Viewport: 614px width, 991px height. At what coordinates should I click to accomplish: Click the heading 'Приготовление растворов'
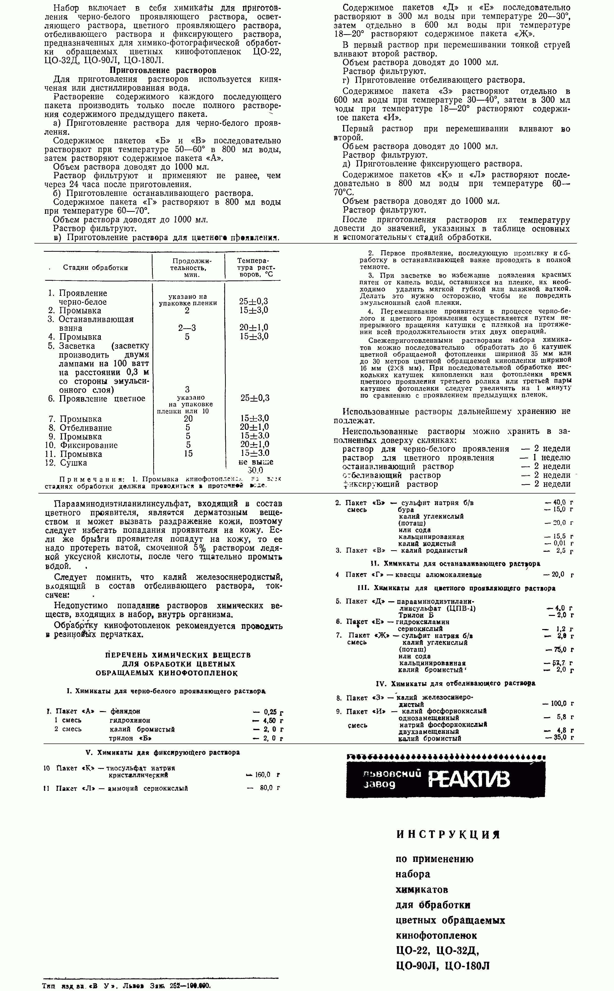click(x=163, y=70)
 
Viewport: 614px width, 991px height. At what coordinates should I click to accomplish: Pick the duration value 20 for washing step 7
click(x=188, y=418)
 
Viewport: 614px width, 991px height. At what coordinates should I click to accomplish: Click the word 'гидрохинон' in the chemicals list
click(x=130, y=720)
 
